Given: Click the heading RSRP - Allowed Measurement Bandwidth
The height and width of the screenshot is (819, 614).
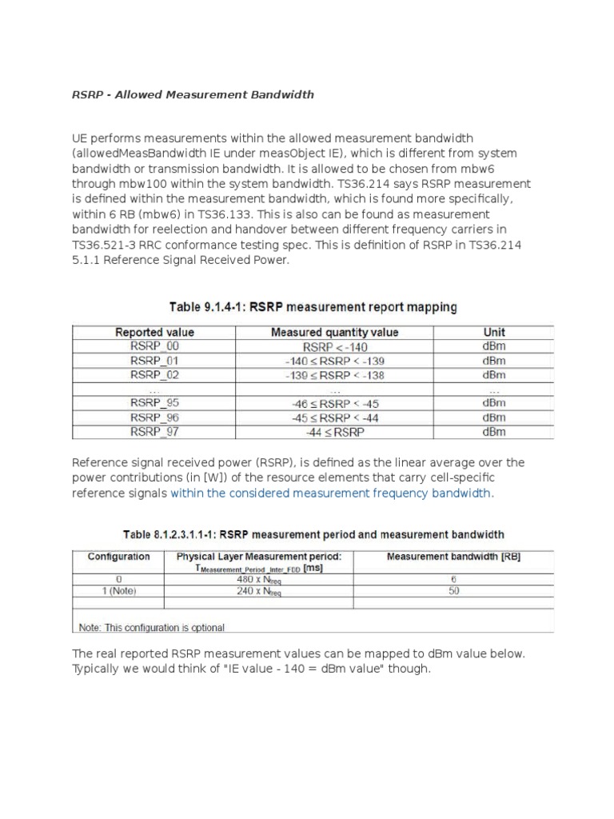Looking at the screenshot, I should coord(193,94).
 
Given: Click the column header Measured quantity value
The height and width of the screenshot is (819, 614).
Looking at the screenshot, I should coord(334,332).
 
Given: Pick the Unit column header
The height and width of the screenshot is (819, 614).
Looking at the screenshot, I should coord(494,332).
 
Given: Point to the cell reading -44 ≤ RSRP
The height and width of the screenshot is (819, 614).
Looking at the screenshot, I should coord(334,432).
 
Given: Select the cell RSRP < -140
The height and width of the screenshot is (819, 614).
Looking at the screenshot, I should coord(334,346).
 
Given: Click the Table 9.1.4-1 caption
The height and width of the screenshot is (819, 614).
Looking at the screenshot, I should coord(313,306).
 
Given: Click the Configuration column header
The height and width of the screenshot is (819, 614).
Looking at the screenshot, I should coord(118,557).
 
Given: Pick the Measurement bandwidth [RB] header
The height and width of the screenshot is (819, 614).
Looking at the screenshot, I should coord(453,557).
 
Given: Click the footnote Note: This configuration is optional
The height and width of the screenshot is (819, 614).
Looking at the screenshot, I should coord(151,628).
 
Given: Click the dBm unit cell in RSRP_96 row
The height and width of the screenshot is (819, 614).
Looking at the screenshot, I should coord(494,417).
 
